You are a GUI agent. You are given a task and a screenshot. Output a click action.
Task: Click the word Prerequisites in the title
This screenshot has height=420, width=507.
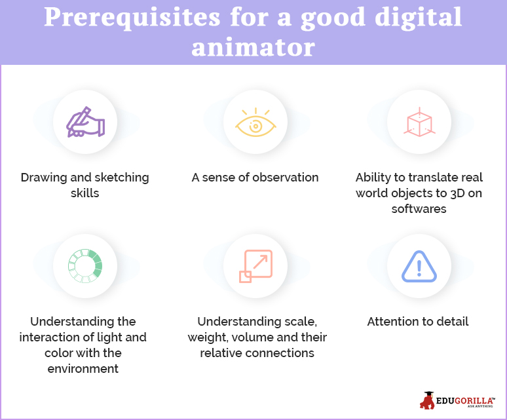coord(132,18)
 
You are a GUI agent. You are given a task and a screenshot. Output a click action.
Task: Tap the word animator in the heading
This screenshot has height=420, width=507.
coord(254,48)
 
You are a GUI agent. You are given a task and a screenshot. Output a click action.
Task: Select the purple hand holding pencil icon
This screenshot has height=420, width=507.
coord(85,123)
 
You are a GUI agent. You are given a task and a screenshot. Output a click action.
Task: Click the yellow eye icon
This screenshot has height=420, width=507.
coord(255,123)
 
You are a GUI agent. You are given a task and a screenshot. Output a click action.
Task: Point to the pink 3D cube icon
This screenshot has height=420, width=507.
coord(419,123)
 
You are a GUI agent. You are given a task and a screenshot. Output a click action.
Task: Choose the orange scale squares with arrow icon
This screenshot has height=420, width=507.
coord(255,266)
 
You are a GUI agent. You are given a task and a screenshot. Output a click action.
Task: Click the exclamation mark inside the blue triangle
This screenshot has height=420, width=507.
coord(419,268)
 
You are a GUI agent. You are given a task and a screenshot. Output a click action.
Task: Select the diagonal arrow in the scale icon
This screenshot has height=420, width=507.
coord(260,262)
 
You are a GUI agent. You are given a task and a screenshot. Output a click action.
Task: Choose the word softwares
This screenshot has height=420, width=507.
coord(419,209)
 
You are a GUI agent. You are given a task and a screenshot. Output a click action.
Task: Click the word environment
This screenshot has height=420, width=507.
coord(83,369)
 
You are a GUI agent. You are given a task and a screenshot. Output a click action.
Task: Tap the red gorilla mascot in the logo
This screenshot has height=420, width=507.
coord(427,400)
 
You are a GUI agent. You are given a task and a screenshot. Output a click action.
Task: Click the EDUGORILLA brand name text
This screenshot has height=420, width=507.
coord(464,400)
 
